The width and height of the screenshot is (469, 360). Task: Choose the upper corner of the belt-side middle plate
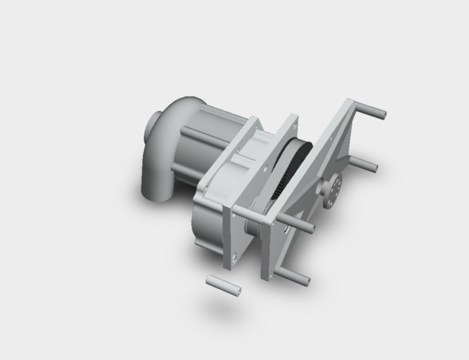point(291,119)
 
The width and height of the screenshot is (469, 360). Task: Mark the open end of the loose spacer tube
point(238,291)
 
